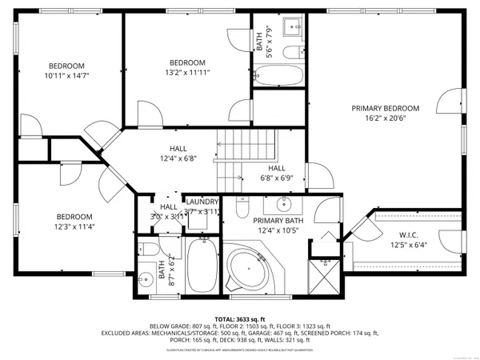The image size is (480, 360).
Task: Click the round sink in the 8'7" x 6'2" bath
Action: (145, 280)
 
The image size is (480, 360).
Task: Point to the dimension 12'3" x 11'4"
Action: (74, 226)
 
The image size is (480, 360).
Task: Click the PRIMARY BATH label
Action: (278, 221)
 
